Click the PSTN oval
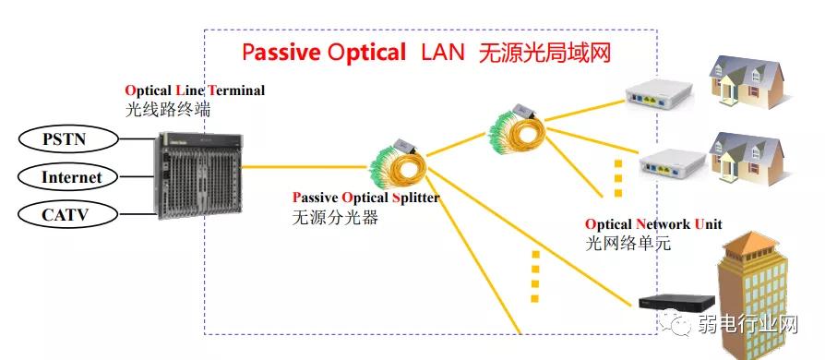tap(68, 139)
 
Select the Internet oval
tap(72, 177)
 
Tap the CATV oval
tap(68, 215)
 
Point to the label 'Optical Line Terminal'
tap(195, 90)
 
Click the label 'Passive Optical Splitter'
tap(365, 198)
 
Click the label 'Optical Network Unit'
tap(653, 224)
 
